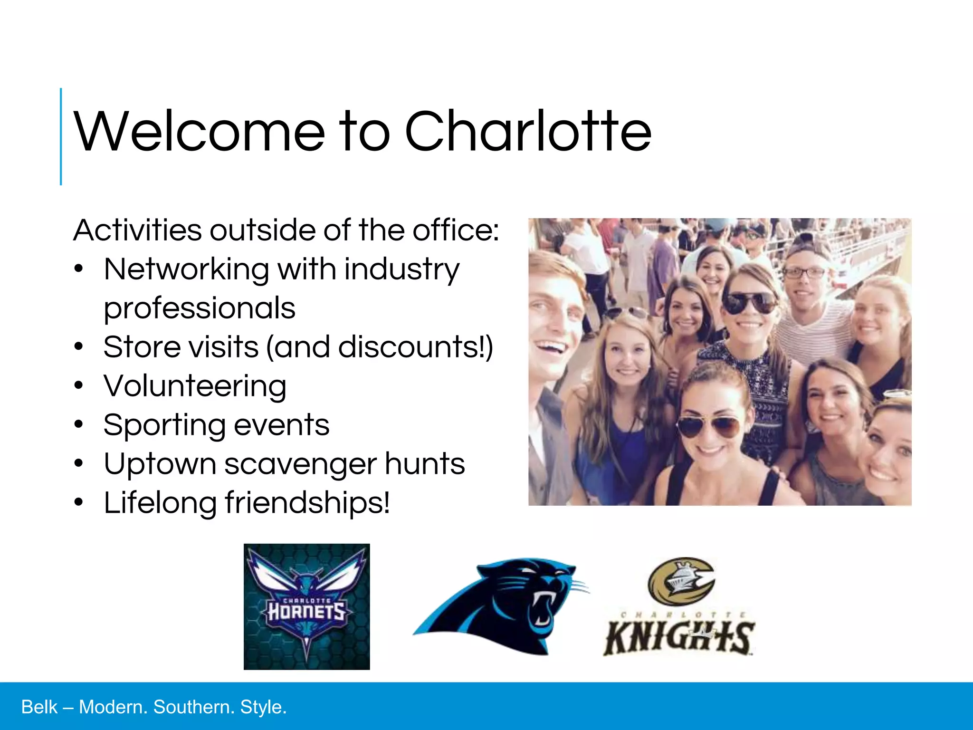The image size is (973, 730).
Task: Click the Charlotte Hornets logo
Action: point(306,606)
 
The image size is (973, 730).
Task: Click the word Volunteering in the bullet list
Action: point(195,385)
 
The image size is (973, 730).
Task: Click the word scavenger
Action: point(300,463)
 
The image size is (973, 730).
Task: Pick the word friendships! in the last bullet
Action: point(307,502)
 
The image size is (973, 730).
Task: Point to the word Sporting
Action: point(163,425)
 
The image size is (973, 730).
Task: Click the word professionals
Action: point(200,308)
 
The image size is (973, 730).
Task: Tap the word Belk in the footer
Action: point(39,707)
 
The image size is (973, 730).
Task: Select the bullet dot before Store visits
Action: point(79,346)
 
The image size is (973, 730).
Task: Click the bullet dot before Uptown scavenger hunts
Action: point(79,463)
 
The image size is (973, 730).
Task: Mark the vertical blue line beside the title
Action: point(61,136)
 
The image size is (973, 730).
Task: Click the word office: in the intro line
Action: point(456,230)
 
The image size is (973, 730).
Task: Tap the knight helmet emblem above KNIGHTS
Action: point(681,581)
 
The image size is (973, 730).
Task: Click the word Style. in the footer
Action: point(263,707)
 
